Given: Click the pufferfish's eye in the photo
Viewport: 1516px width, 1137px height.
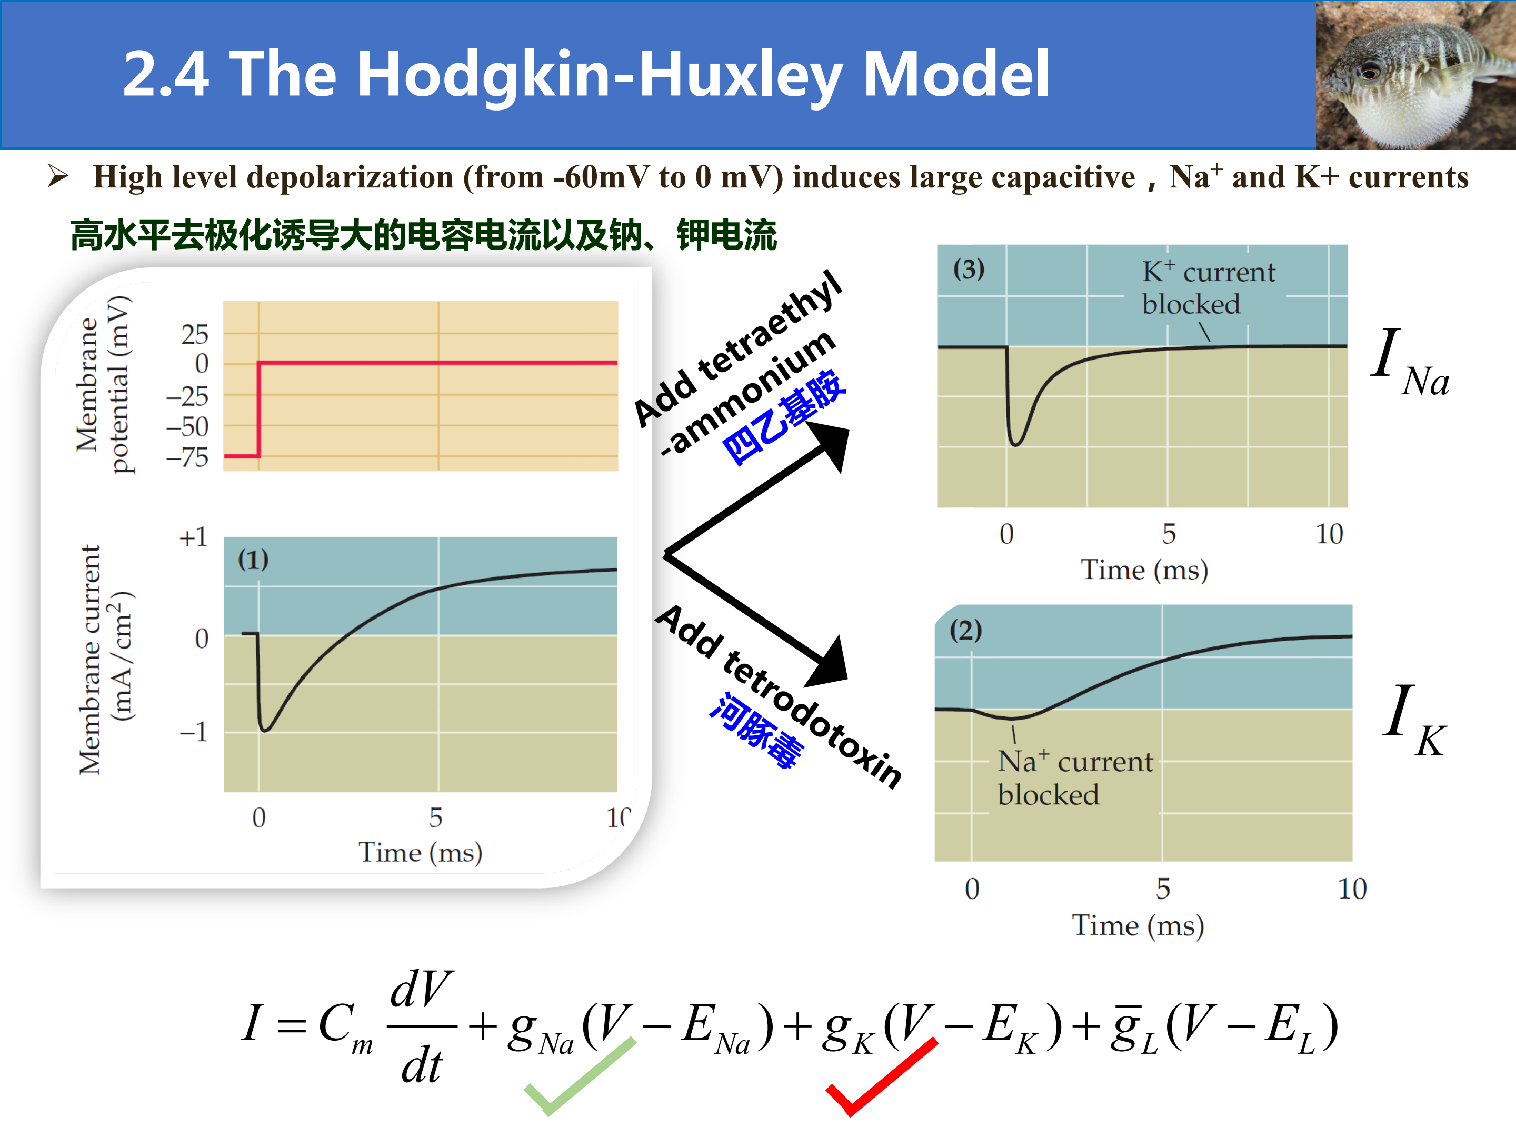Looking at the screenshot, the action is click(x=1369, y=69).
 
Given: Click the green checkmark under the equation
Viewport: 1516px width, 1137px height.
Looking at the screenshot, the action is click(x=580, y=1076).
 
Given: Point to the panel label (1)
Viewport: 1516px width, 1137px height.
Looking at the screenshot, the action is click(x=253, y=560).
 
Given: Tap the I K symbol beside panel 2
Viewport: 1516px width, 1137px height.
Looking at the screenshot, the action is click(x=1413, y=720).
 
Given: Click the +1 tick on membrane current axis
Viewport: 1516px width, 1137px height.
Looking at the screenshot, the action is click(x=193, y=537).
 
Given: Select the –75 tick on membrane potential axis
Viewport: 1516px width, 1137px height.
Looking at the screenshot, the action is click(x=187, y=457).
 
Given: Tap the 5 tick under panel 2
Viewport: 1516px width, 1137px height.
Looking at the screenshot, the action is click(x=1163, y=889).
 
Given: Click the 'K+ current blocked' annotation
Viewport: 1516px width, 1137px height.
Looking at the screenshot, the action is click(x=1208, y=288).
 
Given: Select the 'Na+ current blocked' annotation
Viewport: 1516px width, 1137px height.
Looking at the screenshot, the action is click(x=1075, y=778).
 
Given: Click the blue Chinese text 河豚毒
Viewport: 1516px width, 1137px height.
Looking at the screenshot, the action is click(x=755, y=730).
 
